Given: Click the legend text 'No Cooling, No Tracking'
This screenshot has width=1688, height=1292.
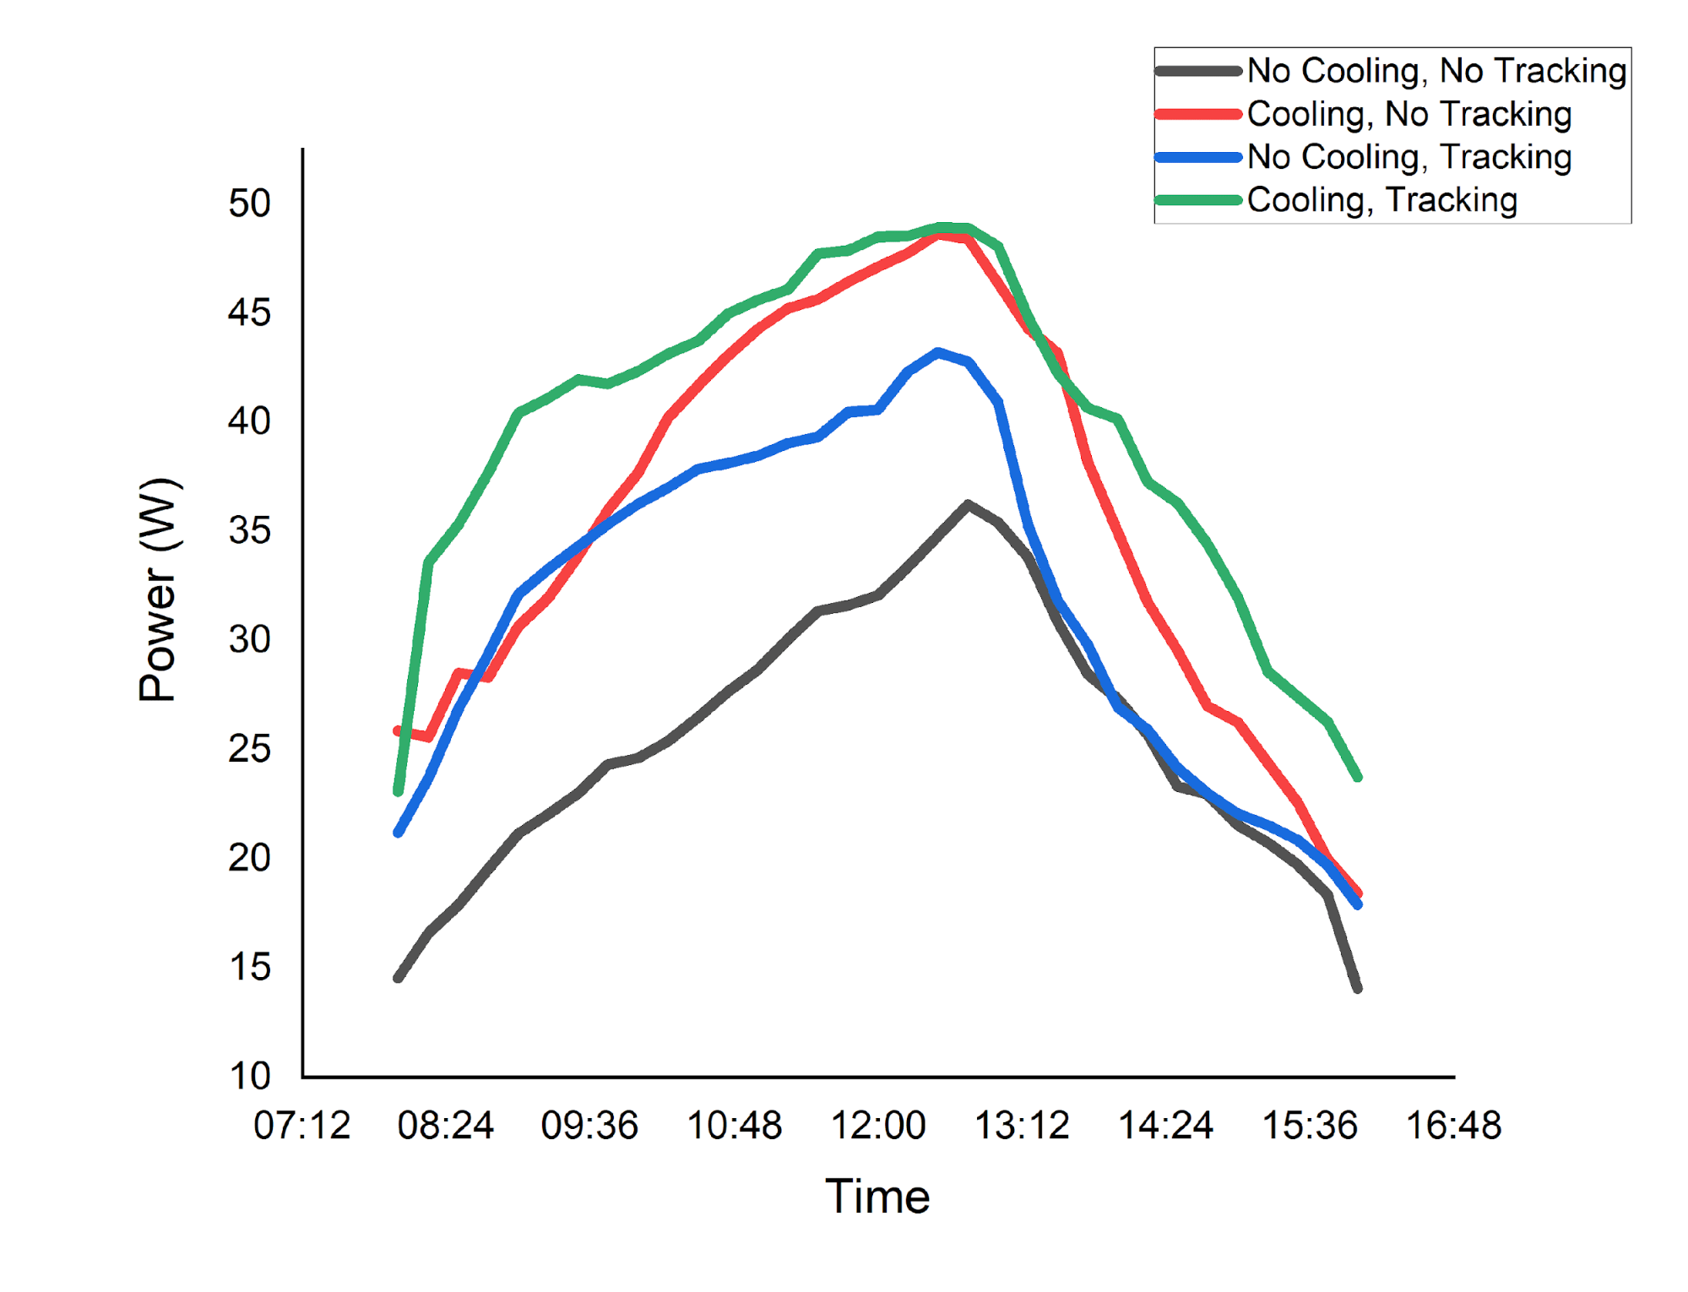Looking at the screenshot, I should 1436,71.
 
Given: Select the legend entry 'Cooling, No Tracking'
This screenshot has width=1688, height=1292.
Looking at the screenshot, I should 1408,114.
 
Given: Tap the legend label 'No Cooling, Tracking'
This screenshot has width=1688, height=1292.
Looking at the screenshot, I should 1408,157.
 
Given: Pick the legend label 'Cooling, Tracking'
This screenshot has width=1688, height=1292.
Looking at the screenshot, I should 1381,200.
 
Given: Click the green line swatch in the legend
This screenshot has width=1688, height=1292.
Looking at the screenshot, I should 1198,200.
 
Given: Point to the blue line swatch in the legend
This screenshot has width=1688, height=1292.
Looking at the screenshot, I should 1198,157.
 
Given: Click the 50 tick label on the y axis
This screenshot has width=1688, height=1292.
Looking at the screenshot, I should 249,204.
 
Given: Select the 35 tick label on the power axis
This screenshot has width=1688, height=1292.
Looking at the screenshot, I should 249,531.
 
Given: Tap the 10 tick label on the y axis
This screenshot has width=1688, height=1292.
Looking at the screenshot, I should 249,1076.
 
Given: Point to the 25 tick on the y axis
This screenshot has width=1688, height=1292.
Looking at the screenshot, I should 249,749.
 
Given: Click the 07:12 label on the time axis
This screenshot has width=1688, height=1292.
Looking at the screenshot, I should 301,1126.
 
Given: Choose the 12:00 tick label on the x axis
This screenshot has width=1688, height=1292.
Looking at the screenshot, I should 878,1126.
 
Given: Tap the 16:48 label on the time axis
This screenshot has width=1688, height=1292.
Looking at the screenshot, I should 1453,1126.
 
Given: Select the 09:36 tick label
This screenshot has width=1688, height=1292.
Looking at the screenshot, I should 589,1126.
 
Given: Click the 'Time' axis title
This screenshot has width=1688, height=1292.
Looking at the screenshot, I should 877,1197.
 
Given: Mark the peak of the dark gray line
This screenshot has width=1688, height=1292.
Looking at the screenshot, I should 968,504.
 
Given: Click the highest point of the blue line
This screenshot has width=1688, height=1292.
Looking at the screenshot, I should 937,352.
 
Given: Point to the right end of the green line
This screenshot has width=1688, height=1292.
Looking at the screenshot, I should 1358,777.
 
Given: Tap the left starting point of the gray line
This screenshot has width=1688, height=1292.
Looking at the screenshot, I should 398,978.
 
